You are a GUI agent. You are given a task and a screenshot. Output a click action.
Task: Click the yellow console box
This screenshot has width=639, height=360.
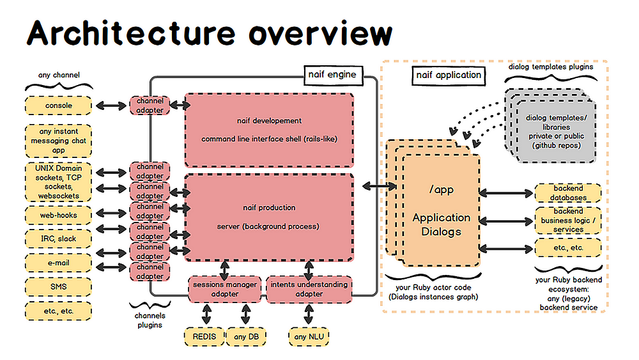tap(59, 106)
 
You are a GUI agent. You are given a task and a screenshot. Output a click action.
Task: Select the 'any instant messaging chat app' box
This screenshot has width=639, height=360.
tap(59, 140)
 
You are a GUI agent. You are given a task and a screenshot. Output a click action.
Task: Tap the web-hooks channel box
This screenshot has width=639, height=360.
tap(59, 215)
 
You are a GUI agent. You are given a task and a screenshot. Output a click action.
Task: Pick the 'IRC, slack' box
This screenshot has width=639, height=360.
tap(59, 239)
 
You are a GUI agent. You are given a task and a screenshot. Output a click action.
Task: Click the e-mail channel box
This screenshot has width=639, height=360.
tap(59, 262)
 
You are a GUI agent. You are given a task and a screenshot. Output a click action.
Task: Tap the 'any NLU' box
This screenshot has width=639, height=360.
tap(310, 336)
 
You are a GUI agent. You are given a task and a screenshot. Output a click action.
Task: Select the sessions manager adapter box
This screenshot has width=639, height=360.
tap(225, 289)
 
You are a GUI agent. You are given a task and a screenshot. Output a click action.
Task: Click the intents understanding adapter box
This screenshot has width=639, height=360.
tap(309, 289)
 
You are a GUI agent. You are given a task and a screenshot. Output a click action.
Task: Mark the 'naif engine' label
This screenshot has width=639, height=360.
tap(332, 75)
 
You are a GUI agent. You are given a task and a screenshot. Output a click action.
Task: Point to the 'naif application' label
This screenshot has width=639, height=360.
tap(449, 75)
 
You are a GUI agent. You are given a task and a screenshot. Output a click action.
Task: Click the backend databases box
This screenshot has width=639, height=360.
tap(568, 193)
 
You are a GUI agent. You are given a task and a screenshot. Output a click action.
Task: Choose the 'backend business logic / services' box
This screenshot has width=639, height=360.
tap(568, 221)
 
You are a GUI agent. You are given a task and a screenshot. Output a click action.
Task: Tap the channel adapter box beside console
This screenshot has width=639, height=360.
tap(150, 106)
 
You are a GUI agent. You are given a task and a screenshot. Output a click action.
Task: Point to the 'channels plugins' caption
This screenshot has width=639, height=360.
tap(150, 320)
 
